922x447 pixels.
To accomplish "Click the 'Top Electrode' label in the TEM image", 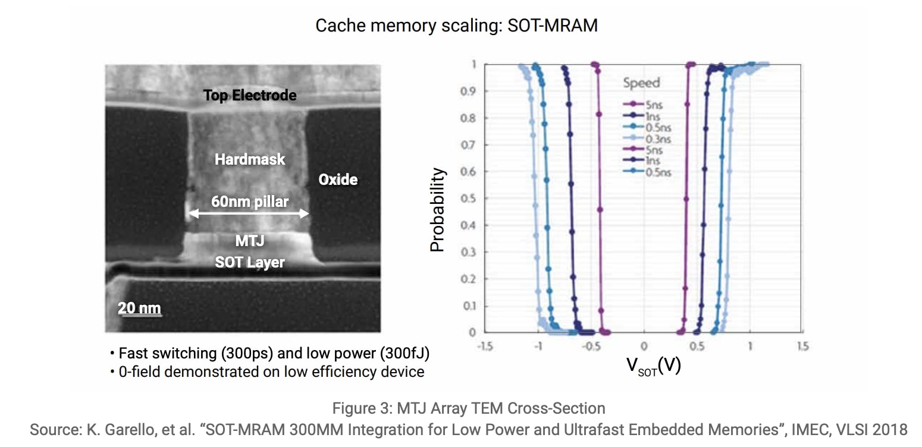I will pos(250,95).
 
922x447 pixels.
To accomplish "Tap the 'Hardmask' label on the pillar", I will pos(250,159).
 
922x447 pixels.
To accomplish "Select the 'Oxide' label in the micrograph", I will pos(338,180).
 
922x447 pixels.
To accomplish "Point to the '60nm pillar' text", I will pos(250,202).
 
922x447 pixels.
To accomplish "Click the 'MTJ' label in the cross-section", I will pos(250,241).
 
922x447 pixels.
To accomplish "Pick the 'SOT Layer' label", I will pos(250,262).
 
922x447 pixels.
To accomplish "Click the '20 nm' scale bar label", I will pos(139,308).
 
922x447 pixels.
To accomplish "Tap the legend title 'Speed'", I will pos(641,83).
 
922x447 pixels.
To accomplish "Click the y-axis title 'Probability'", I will pos(438,210).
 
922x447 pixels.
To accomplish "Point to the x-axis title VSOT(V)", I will pos(653,365).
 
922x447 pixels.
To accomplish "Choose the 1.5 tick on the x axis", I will pos(802,347).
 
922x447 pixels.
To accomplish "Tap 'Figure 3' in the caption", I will pos(360,409).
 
